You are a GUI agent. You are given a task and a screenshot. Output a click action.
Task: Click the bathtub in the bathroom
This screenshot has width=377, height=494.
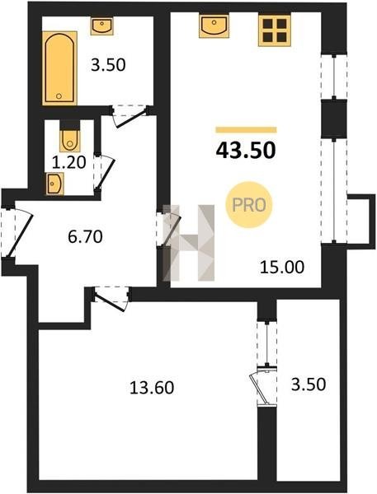coord(59,68)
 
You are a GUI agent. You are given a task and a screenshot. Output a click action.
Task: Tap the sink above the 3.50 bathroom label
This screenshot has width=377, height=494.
coord(102,26)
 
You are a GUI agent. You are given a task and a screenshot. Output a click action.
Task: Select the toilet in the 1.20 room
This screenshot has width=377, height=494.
coord(70,141)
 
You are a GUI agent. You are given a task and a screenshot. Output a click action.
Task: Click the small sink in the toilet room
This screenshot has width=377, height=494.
coord(55,184)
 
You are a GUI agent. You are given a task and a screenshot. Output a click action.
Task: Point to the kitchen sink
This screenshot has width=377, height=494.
coord(214,26)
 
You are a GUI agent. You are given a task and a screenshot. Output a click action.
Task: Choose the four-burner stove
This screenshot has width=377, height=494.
coord(275,30)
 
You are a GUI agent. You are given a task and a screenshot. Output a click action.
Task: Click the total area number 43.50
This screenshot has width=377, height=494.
coord(246,151)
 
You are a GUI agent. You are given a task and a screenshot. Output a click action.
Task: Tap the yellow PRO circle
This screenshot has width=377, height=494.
coord(249,205)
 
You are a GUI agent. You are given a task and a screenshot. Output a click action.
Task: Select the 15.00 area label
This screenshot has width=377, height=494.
coord(282,267)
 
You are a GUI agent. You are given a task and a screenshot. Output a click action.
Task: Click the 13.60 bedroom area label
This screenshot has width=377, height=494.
coord(152,388)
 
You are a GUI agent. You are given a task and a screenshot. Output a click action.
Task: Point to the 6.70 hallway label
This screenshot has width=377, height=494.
coord(85,236)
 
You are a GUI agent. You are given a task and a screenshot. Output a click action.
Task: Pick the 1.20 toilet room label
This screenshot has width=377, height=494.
coord(68,162)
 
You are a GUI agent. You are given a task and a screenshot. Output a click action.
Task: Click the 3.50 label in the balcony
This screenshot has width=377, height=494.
coord(309,384)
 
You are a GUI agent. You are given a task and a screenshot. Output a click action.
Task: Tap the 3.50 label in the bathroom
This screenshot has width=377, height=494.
coord(108,65)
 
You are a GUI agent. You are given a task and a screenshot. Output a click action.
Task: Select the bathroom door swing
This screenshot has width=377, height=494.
coord(130,117)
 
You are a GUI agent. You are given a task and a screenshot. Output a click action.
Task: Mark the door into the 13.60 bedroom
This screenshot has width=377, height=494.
coord(111,298)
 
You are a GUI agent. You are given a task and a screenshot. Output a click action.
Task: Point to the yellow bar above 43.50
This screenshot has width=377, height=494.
coord(247,130)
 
